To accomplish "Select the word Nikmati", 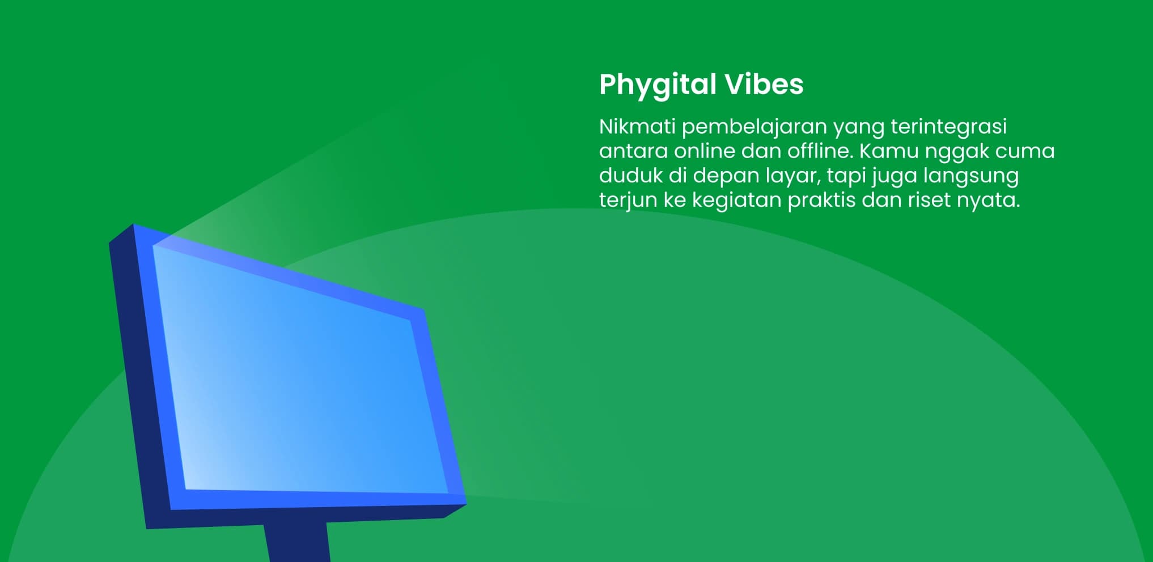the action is [637, 126].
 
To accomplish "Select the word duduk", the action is [630, 175].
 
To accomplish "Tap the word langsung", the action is [971, 177].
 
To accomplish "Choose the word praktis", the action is [821, 201].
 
